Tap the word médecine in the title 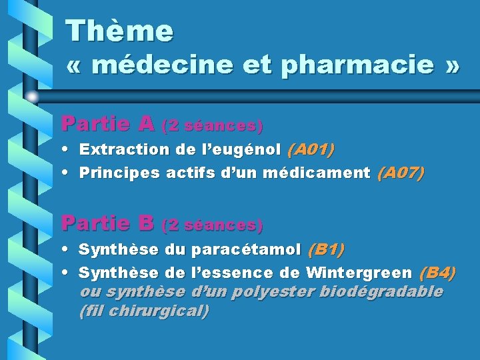(161, 66)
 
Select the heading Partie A (107, 124)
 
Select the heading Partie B (107, 223)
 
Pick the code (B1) (326, 250)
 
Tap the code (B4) (437, 273)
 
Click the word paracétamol (246, 251)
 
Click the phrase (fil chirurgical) (143, 311)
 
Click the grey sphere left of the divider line (31, 96)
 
